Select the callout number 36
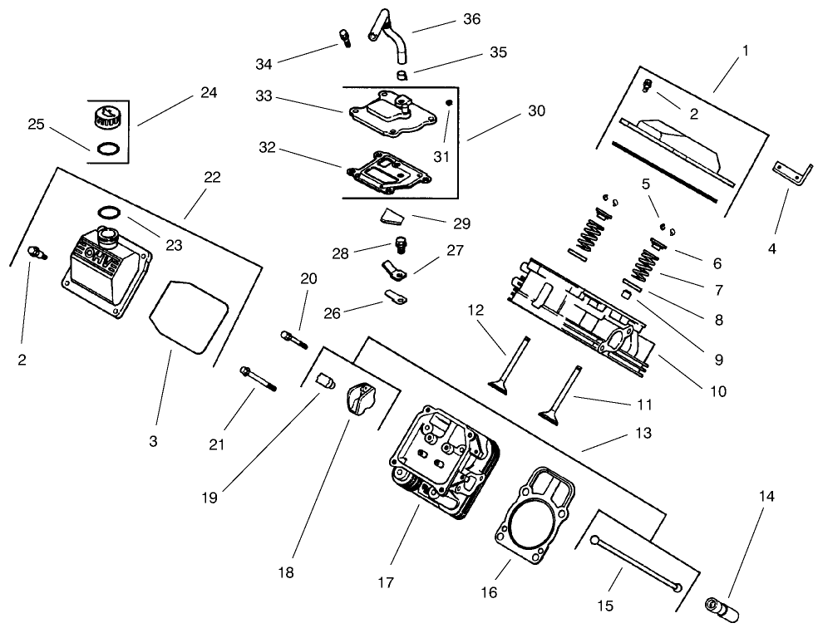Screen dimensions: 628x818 pyautogui.click(x=471, y=18)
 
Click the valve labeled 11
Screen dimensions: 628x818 pyautogui.click(x=561, y=395)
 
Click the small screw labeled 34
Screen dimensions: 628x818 pyautogui.click(x=342, y=37)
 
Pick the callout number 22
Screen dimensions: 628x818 pyautogui.click(x=212, y=177)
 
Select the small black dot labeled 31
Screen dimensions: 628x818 pyautogui.click(x=448, y=103)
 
